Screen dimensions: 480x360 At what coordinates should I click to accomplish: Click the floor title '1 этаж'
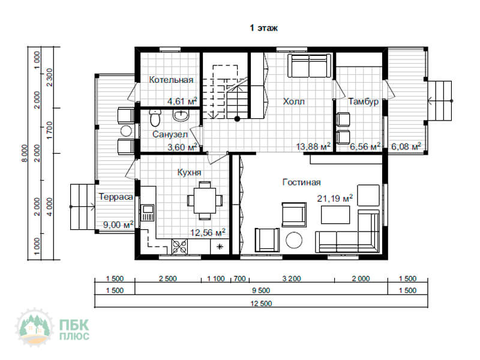[x=263, y=28]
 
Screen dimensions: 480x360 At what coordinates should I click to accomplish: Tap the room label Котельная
[x=171, y=80]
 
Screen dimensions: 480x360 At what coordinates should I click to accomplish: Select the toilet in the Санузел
[x=155, y=118]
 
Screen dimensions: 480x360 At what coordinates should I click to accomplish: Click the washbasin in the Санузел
[x=181, y=115]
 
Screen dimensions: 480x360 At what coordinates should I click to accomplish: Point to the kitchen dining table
[x=205, y=200]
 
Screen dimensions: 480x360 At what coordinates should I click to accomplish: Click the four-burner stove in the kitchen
[x=179, y=247]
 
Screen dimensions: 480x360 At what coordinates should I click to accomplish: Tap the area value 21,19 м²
[x=335, y=198]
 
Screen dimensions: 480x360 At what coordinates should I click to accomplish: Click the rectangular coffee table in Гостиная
[x=335, y=215]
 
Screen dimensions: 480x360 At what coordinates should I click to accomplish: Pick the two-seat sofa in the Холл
[x=309, y=66]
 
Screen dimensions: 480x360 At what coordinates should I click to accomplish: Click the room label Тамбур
[x=363, y=101]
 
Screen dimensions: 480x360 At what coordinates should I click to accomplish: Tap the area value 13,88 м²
[x=313, y=146]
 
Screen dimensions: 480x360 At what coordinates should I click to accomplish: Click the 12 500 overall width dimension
[x=261, y=304]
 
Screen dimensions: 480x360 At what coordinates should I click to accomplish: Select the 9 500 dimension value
[x=261, y=290]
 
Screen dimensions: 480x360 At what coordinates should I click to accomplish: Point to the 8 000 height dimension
[x=25, y=154]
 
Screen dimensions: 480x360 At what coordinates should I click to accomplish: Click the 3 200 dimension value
[x=292, y=278]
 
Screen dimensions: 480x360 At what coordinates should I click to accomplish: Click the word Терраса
[x=116, y=197]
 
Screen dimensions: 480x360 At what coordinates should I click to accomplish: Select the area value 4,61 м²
[x=182, y=101]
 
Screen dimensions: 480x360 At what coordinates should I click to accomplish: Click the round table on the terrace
[x=126, y=131]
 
